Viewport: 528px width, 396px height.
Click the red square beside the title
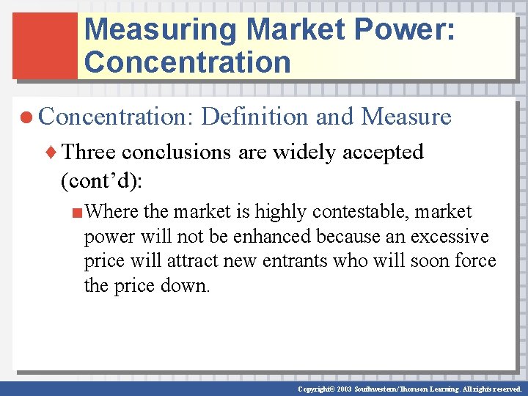(x=45, y=45)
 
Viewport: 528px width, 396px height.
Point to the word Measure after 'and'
(x=406, y=116)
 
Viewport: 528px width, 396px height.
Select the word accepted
(x=381, y=152)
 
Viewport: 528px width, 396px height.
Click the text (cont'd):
(x=111, y=179)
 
